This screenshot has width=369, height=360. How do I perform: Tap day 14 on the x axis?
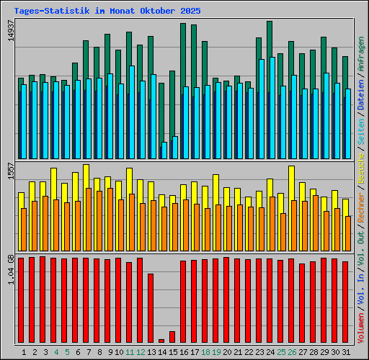(163, 352)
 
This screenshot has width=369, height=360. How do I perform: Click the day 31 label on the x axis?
(346, 352)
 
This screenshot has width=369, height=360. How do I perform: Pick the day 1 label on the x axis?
(24, 352)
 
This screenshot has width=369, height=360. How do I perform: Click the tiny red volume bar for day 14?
(161, 341)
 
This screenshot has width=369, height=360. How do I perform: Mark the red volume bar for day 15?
(172, 336)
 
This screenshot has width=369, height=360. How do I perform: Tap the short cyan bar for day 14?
(164, 150)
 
